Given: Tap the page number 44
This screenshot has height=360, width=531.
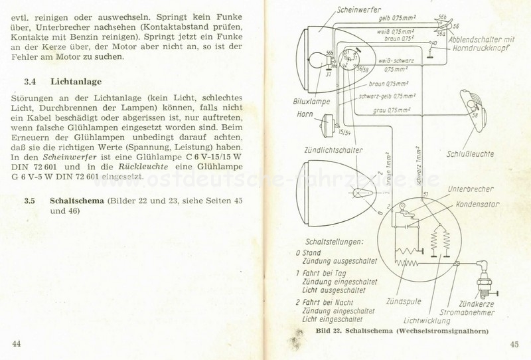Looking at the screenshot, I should [x=17, y=343].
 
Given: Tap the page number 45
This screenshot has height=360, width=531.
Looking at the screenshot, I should [x=514, y=343].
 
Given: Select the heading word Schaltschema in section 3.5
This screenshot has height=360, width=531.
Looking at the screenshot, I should [x=78, y=200].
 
